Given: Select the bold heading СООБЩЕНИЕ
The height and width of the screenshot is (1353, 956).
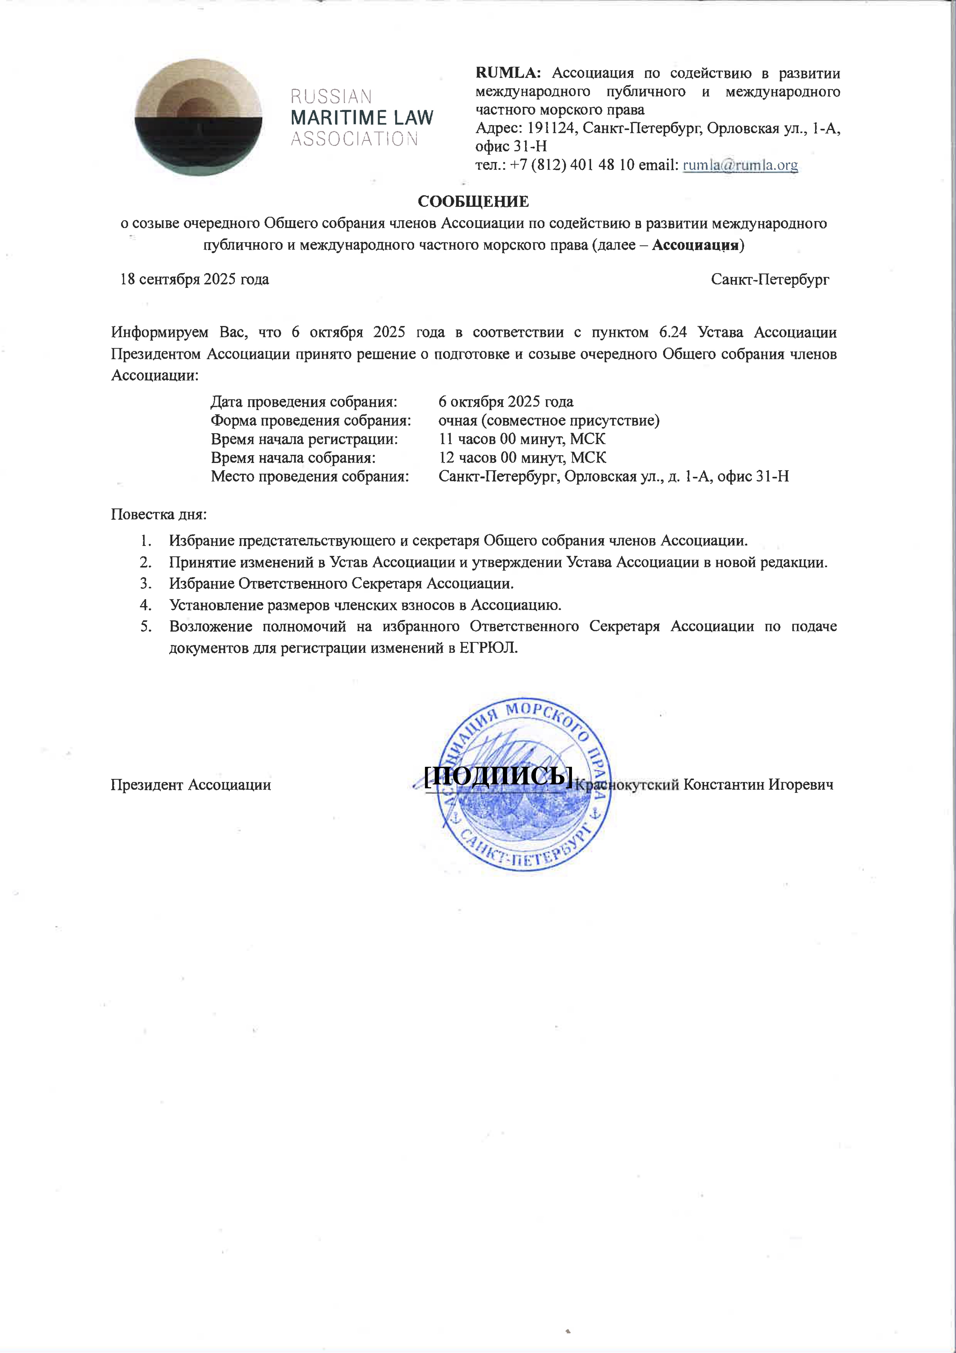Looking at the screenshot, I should pyautogui.click(x=473, y=202).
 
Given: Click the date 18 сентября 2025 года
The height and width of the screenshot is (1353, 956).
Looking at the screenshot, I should pyautogui.click(x=194, y=279).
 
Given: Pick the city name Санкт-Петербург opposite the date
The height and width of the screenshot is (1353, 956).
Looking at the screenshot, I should pyautogui.click(x=770, y=279).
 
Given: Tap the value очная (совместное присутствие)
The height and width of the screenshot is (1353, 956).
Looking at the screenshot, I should pyautogui.click(x=548, y=421).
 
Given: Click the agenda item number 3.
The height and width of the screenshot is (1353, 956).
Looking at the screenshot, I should pyautogui.click(x=145, y=583).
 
